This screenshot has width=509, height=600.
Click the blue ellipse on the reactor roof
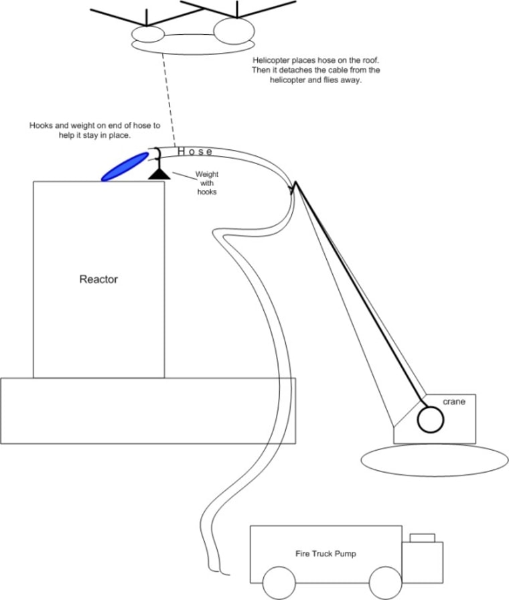(125, 166)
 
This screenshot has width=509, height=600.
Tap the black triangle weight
(159, 173)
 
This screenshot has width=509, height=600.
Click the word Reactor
(98, 279)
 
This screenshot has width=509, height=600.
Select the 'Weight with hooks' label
(207, 182)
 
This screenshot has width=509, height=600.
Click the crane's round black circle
(431, 421)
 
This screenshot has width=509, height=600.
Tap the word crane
(453, 402)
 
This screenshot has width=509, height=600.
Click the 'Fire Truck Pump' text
(326, 554)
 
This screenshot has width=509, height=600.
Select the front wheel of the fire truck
(385, 583)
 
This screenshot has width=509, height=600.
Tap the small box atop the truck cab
(423, 538)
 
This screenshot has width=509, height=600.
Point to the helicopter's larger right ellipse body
(234, 30)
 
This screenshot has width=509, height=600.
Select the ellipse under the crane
(434, 460)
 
